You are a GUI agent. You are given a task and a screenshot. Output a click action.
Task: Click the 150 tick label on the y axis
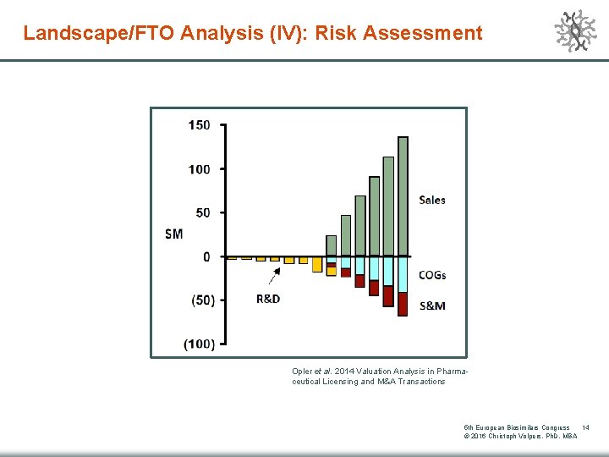tap(199, 125)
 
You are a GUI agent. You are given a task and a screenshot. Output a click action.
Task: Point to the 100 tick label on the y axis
tap(199, 169)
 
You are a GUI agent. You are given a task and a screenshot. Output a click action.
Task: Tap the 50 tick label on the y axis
tap(203, 212)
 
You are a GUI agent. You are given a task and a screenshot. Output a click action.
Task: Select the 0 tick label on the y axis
tap(206, 256)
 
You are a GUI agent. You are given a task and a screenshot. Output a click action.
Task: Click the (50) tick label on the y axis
tap(201, 300)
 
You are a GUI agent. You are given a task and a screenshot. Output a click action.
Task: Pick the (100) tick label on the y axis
tap(199, 344)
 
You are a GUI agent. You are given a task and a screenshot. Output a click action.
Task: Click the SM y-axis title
tap(173, 234)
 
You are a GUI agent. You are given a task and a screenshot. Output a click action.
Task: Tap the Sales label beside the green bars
tap(431, 200)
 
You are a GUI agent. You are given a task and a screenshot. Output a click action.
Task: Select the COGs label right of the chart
tap(432, 275)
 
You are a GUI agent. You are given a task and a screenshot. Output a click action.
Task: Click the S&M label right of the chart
tap(432, 306)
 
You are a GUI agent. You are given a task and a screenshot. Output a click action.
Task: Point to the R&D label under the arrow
tap(268, 299)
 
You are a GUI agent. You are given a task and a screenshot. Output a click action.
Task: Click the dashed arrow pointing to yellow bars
tap(275, 276)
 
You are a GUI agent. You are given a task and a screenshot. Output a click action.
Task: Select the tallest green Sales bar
tap(403, 195)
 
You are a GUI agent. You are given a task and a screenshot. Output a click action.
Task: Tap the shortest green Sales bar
tap(331, 245)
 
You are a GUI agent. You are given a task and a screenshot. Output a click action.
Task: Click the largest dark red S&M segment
tap(403, 304)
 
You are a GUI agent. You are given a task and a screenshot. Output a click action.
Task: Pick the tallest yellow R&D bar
tap(317, 264)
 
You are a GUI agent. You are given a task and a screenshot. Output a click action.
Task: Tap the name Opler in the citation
tap(302, 372)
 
